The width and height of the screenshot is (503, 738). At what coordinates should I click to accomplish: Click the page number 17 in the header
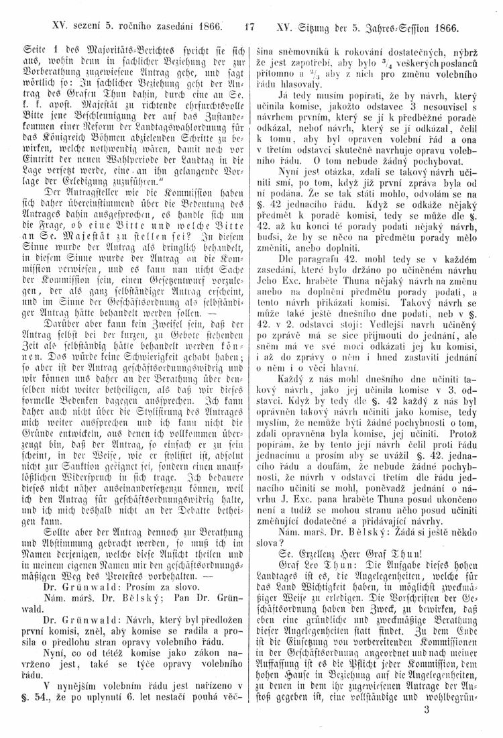(x=251, y=29)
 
